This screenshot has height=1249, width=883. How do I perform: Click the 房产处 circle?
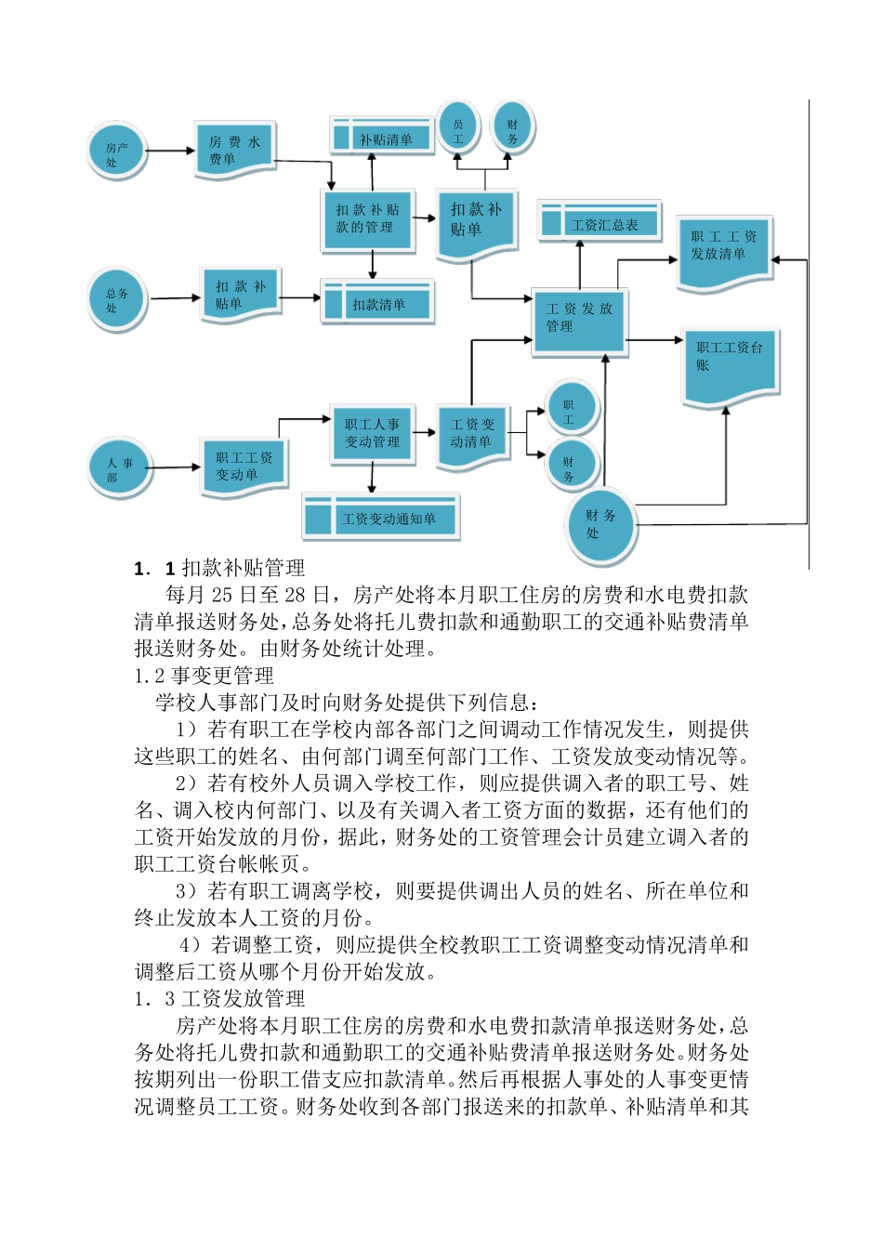(117, 152)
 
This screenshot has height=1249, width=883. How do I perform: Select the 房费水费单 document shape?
(235, 150)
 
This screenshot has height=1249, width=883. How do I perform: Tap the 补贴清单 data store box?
(382, 138)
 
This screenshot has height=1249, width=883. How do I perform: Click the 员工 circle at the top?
(458, 129)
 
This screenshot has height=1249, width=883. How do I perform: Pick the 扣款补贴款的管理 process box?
(366, 219)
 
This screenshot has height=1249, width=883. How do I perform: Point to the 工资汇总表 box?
(600, 224)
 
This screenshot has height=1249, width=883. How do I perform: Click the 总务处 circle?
(117, 299)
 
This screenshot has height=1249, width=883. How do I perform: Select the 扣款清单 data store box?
(377, 304)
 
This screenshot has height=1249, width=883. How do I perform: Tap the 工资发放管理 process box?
(578, 319)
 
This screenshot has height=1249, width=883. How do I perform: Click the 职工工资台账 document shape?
(730, 362)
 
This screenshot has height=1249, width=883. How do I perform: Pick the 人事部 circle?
(119, 468)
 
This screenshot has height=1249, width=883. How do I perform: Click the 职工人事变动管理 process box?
(372, 433)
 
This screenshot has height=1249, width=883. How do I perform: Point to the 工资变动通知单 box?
(381, 519)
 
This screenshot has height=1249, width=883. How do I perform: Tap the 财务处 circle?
(600, 525)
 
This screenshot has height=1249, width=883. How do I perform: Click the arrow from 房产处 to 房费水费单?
(171, 151)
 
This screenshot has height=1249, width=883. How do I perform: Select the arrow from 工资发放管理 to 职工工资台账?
(654, 340)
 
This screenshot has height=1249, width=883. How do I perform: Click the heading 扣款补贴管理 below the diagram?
(244, 568)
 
